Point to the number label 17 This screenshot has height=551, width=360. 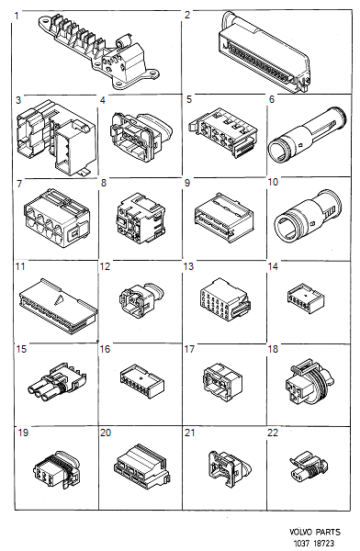coord(189,350)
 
